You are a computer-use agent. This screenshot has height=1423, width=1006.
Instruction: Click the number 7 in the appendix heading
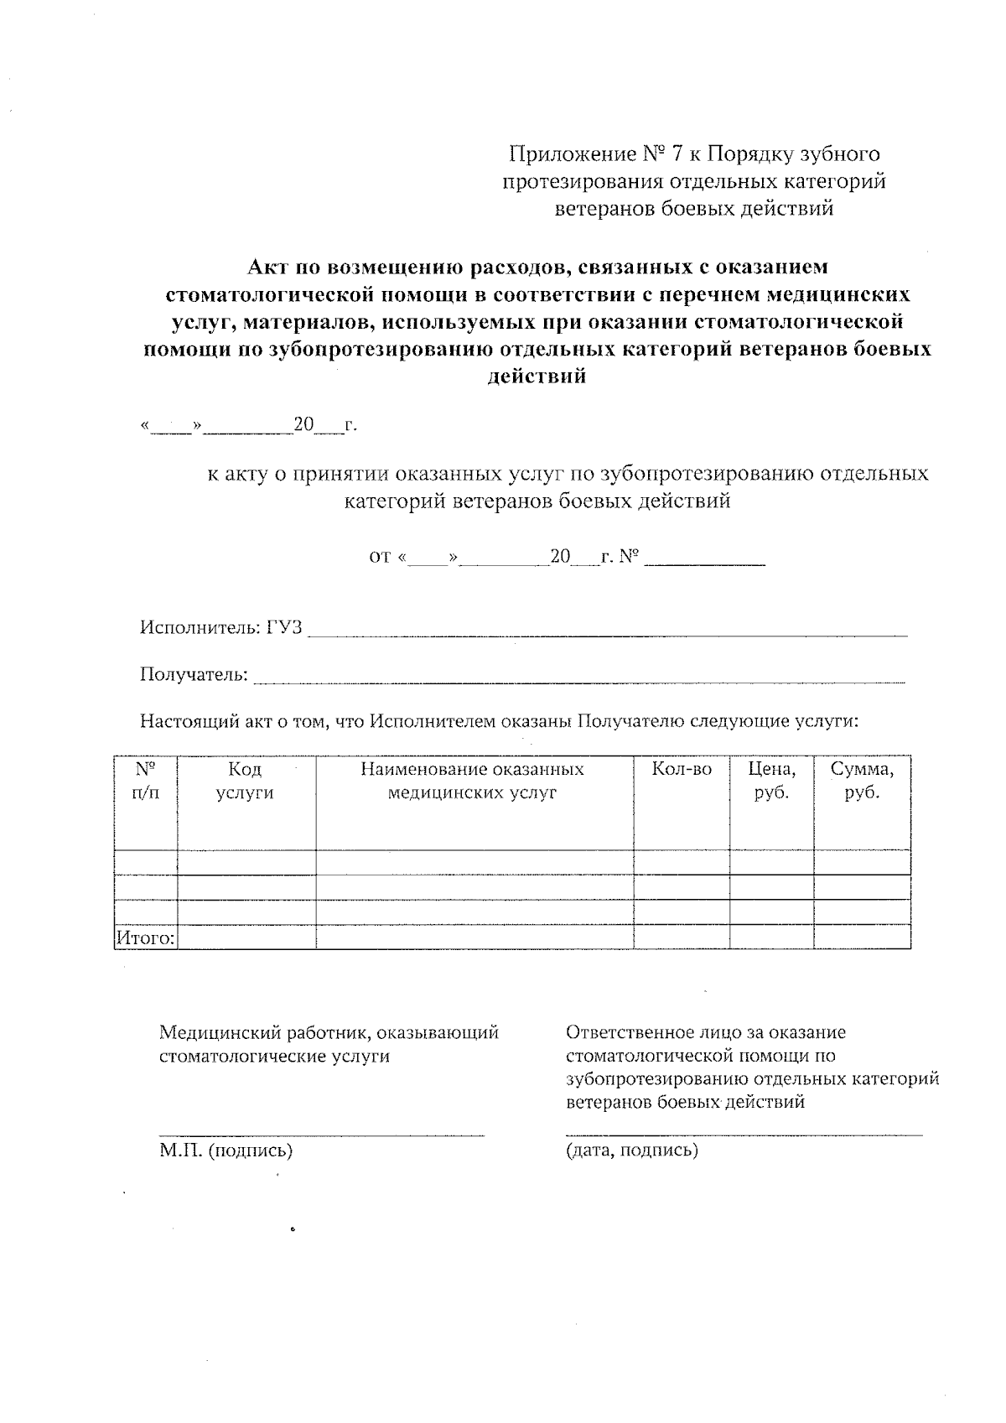(x=676, y=154)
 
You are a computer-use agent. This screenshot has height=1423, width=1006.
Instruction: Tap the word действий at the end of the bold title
(x=537, y=377)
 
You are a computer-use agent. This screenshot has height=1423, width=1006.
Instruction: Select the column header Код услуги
(x=245, y=781)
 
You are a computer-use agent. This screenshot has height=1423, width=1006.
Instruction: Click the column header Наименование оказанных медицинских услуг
(x=472, y=781)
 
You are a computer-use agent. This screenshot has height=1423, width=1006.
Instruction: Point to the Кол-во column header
(x=682, y=769)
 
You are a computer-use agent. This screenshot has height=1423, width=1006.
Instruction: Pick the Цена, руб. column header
(x=771, y=781)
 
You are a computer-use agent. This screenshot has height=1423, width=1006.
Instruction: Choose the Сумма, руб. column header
(x=862, y=781)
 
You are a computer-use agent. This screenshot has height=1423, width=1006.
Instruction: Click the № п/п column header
(x=145, y=781)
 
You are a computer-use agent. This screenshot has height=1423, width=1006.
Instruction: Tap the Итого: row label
(x=145, y=938)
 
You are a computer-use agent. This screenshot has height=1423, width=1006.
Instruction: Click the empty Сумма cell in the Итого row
(x=862, y=937)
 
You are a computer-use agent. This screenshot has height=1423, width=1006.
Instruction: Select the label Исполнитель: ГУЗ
(x=221, y=627)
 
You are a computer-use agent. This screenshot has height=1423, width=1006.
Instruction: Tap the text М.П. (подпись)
(x=226, y=1150)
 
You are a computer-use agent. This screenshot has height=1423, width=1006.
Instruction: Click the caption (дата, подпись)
(x=632, y=1150)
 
